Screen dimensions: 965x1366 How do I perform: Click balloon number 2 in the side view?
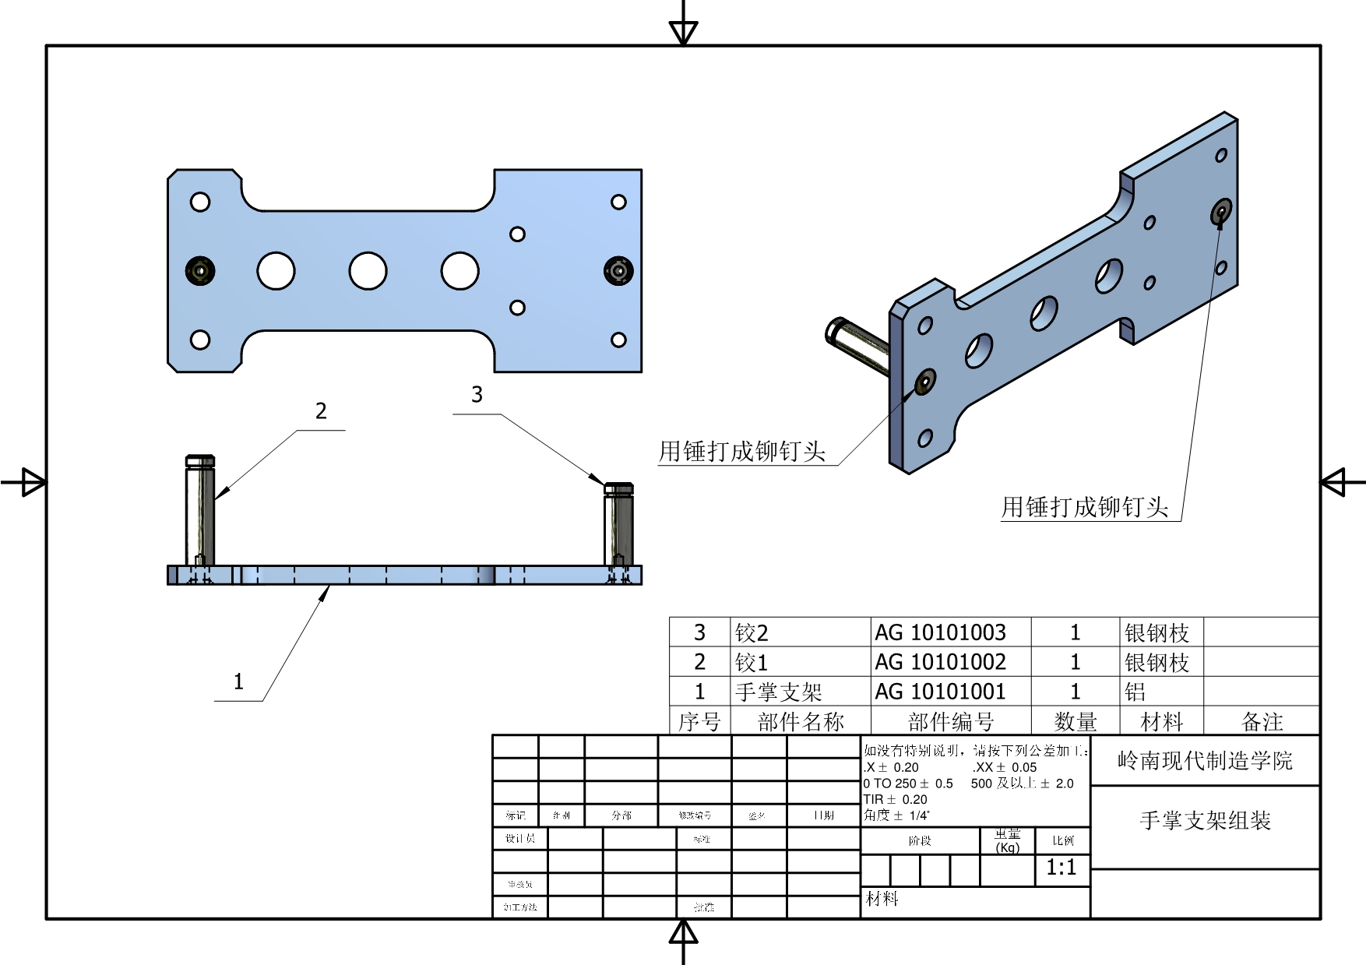[x=321, y=411]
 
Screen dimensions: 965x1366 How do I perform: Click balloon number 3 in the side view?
[x=477, y=395]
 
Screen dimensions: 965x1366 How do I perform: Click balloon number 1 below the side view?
[x=238, y=682]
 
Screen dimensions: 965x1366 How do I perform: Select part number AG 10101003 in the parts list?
[x=940, y=632]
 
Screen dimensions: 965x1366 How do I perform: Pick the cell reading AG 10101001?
[x=940, y=692]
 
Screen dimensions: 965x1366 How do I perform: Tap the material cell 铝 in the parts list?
[x=1135, y=692]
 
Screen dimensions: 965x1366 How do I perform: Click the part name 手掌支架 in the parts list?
[x=779, y=692]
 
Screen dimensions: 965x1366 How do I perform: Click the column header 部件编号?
[x=951, y=722]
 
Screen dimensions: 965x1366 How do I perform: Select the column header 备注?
[x=1262, y=722]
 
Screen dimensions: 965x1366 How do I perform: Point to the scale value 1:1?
[x=1061, y=868]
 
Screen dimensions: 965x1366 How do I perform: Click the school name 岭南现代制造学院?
[x=1205, y=761]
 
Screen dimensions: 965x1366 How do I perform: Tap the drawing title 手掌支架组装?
[x=1205, y=820]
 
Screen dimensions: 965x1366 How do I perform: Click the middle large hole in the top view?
[x=368, y=271]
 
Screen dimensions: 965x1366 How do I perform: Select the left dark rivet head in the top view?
[x=200, y=271]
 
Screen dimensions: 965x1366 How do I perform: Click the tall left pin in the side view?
[x=200, y=510]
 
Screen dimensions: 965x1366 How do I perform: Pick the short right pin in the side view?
[x=618, y=523]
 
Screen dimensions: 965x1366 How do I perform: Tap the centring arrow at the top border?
[x=683, y=31]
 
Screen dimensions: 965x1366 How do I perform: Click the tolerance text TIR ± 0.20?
[x=895, y=799]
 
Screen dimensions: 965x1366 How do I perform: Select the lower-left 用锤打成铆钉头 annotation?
[x=741, y=451]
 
